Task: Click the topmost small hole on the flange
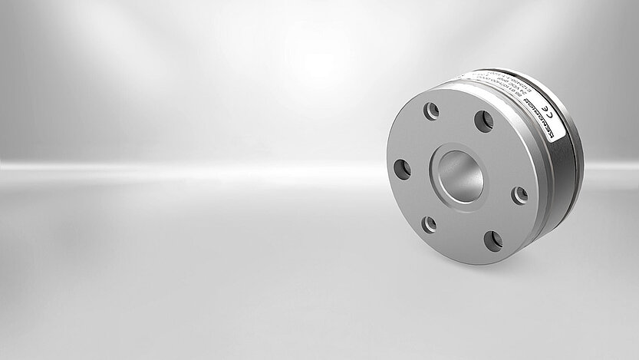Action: [x=432, y=111]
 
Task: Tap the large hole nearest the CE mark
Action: [x=483, y=121]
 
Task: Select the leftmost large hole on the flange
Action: [x=402, y=169]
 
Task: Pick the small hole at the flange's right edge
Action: [x=519, y=196]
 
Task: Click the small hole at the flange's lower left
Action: [x=430, y=224]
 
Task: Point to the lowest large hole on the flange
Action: [x=492, y=241]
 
